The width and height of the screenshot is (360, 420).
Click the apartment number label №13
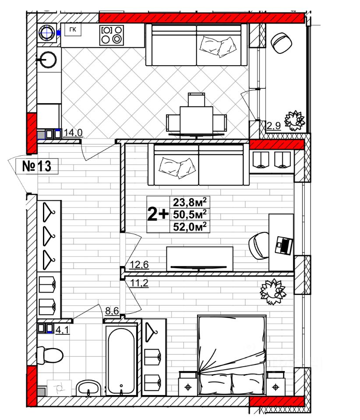click(x=37, y=166)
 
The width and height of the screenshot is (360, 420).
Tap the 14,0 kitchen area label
click(x=73, y=133)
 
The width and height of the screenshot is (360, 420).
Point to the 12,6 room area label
click(x=139, y=264)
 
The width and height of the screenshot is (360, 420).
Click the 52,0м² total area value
click(x=189, y=227)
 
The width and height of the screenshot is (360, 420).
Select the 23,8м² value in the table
click(x=189, y=202)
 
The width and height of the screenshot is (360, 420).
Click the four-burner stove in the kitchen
click(x=111, y=35)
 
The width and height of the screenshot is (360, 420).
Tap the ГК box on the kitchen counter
click(x=73, y=30)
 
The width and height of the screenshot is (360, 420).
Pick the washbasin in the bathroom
click(x=89, y=387)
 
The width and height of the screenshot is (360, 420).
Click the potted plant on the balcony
click(x=294, y=119)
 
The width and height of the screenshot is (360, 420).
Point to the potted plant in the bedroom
click(x=272, y=290)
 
